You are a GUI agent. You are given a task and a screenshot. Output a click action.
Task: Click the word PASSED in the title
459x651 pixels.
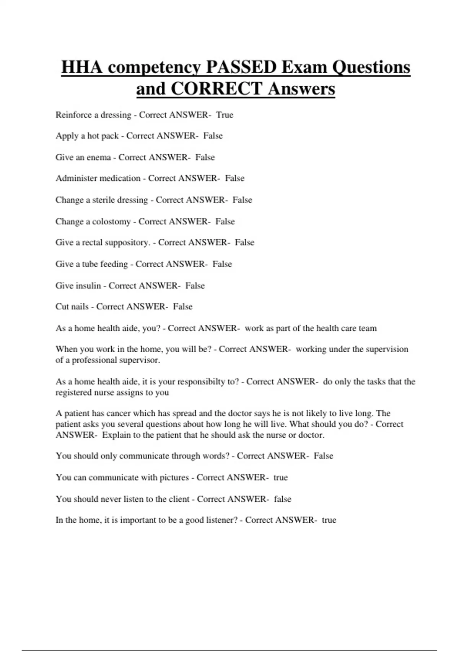[241, 67]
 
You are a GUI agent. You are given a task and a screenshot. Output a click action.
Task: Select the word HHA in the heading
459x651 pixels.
[82, 67]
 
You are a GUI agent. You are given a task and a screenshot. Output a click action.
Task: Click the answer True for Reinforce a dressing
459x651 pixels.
[225, 115]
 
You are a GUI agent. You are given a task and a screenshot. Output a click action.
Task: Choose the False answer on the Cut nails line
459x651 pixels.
[183, 307]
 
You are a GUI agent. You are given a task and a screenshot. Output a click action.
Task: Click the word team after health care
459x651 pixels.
[367, 329]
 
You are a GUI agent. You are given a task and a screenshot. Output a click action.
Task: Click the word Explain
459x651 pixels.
[116, 435]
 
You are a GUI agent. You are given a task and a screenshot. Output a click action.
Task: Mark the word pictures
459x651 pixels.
[174, 478]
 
